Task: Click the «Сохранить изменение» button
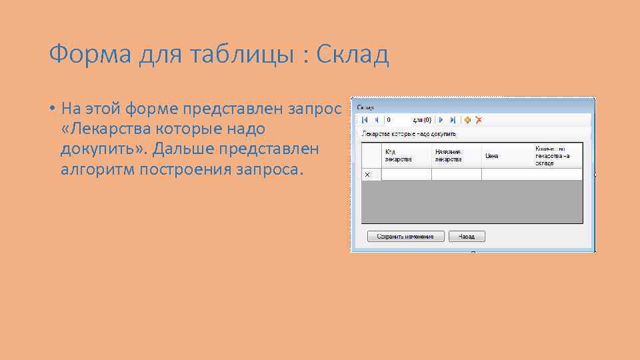tap(405, 237)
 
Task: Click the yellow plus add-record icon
tap(467, 120)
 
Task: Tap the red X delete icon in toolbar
tap(478, 120)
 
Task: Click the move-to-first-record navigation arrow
tap(365, 120)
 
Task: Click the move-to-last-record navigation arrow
tap(453, 120)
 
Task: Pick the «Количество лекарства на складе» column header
tap(557, 155)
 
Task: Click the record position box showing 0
tap(397, 120)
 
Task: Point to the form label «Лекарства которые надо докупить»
tap(409, 134)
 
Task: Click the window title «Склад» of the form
tap(366, 107)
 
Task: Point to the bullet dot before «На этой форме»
tap(51, 108)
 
